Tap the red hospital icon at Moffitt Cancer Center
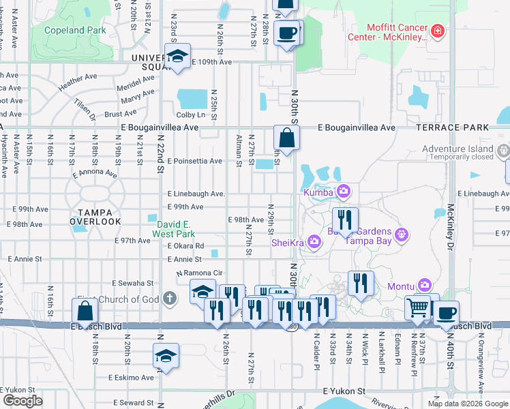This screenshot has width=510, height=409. tap(436, 31)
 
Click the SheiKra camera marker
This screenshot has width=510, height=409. tap(314, 241)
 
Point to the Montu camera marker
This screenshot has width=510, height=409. tap(425, 284)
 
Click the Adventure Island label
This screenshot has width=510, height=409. tap(456, 149)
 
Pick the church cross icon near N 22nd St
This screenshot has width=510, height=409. tap(169, 298)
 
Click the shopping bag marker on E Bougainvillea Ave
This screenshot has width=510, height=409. tap(287, 137)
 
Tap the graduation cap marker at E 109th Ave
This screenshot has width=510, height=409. tap(177, 57)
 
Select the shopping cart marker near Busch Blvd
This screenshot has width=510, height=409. tap(417, 307)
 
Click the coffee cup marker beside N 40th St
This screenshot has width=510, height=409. tap(447, 313)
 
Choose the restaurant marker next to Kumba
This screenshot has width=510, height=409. tap(345, 219)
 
